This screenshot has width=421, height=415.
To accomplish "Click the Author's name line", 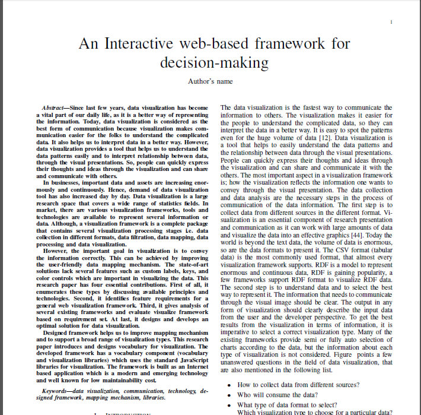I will [210, 81].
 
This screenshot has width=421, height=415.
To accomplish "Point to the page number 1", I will [392, 21].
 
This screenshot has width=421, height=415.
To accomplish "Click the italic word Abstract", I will [54, 107].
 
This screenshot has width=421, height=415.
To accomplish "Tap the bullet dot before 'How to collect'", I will [229, 385].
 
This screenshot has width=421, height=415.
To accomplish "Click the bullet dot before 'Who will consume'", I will [229, 394].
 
